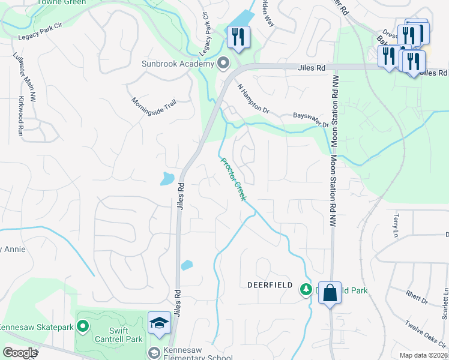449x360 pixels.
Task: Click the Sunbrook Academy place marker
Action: [224, 63]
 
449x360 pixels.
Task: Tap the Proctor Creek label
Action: [234, 179]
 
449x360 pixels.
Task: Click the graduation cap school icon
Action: [159, 323]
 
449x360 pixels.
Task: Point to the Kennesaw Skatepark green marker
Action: [83, 327]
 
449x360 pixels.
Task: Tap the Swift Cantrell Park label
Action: [119, 335]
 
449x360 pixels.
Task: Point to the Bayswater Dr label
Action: [311, 119]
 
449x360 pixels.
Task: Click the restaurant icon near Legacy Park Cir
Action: [238, 37]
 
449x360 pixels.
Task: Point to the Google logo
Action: [20, 353]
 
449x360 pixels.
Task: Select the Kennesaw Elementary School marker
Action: [154, 353]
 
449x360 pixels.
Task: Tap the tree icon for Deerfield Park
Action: [306, 290]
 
